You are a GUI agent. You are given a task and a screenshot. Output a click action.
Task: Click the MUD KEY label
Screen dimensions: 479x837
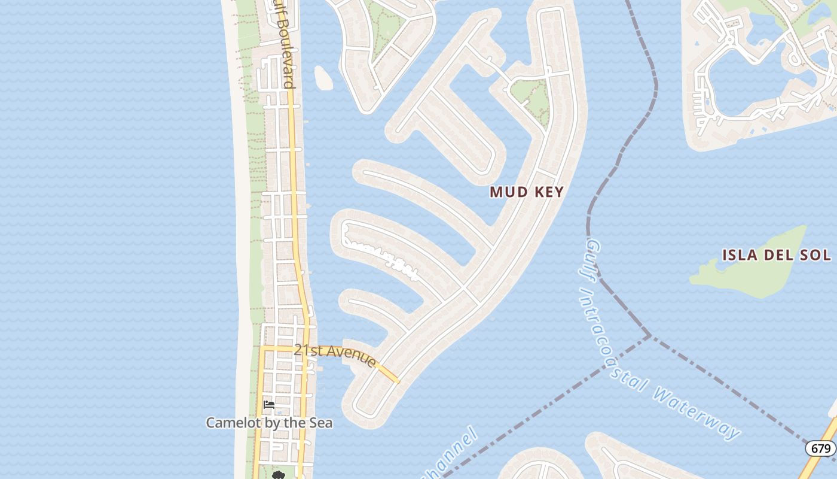point(527,192)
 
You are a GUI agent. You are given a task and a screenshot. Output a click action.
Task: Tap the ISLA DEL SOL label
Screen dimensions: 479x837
point(776,255)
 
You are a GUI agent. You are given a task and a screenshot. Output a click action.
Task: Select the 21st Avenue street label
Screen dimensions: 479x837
point(335,354)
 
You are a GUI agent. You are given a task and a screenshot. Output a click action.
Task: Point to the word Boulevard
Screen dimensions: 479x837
point(286,60)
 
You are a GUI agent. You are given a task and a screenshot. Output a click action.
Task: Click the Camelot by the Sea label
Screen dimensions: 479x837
point(269,423)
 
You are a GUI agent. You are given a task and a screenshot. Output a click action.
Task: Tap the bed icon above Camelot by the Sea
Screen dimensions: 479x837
point(269,405)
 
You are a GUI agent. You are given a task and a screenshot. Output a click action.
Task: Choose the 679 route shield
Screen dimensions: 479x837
point(820,448)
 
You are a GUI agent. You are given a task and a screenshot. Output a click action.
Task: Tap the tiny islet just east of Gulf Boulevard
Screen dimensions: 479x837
point(323,78)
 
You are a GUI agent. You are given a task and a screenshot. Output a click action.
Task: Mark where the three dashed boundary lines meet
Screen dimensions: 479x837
point(649,336)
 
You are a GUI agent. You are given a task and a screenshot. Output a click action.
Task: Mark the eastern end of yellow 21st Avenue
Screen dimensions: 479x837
point(397,381)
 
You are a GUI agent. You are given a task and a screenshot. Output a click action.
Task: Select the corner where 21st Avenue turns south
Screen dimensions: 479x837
point(262,347)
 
